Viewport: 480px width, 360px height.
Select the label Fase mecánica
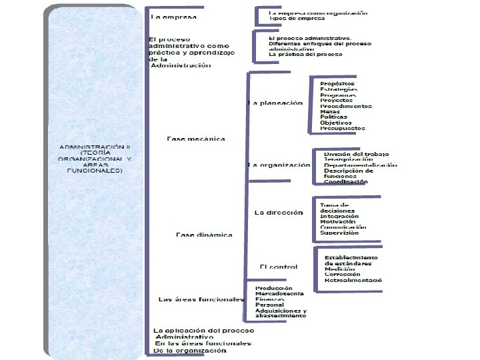[196, 139]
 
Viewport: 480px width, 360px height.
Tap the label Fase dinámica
[204, 235]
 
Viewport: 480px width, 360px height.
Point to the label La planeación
[275, 103]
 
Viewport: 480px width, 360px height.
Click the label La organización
[279, 165]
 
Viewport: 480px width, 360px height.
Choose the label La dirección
[279, 213]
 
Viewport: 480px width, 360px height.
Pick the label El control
[279, 267]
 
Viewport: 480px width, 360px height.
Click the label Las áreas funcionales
[201, 299]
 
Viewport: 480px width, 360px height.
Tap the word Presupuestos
[342, 128]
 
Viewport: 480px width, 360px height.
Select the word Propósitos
[337, 83]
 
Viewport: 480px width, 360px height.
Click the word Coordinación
[345, 182]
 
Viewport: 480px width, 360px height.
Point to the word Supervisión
[339, 233]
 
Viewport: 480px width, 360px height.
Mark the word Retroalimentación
[353, 281]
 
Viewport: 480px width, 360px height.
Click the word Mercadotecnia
[280, 293]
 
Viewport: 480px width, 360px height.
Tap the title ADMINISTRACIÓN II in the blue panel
[95, 146]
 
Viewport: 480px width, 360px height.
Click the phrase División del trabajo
[356, 154]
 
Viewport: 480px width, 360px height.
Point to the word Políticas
[333, 117]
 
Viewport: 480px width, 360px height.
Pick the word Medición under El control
[341, 269]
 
